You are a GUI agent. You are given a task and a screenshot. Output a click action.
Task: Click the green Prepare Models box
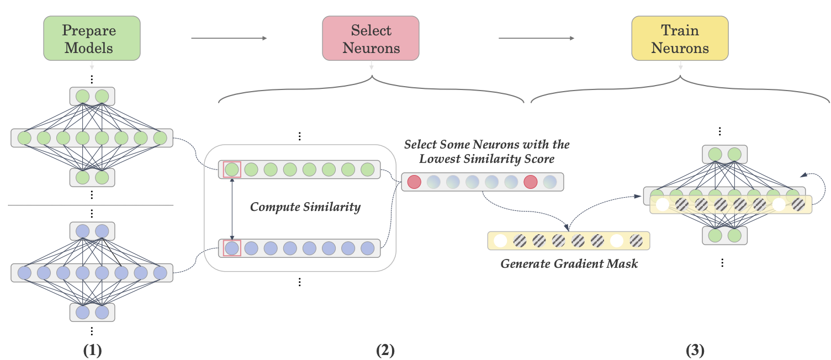92,38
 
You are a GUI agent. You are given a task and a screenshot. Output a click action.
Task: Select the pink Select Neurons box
370,38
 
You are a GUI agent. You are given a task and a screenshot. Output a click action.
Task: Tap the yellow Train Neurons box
680,38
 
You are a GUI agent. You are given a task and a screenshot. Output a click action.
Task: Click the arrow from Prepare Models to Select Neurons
229,38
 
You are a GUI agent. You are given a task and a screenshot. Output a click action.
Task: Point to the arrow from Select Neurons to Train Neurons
536,38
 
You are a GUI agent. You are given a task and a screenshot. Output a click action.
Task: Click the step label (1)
91,350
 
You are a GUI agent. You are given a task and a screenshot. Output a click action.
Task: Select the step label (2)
385,350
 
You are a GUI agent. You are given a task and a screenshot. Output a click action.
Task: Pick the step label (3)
695,350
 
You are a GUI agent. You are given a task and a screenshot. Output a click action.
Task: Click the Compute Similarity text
305,207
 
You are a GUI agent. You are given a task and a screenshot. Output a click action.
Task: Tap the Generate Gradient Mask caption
569,264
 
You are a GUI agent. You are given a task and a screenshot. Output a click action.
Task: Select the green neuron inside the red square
232,169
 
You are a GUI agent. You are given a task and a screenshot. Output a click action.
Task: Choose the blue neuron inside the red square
232,248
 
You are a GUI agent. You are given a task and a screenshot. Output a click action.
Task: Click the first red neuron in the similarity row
414,182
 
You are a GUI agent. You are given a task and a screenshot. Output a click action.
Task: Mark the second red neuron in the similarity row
530,182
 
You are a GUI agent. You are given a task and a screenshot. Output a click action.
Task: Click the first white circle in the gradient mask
500,241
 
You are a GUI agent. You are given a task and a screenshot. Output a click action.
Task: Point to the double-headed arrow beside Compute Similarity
232,209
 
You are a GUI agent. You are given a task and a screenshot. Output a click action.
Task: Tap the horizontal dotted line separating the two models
91,205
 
